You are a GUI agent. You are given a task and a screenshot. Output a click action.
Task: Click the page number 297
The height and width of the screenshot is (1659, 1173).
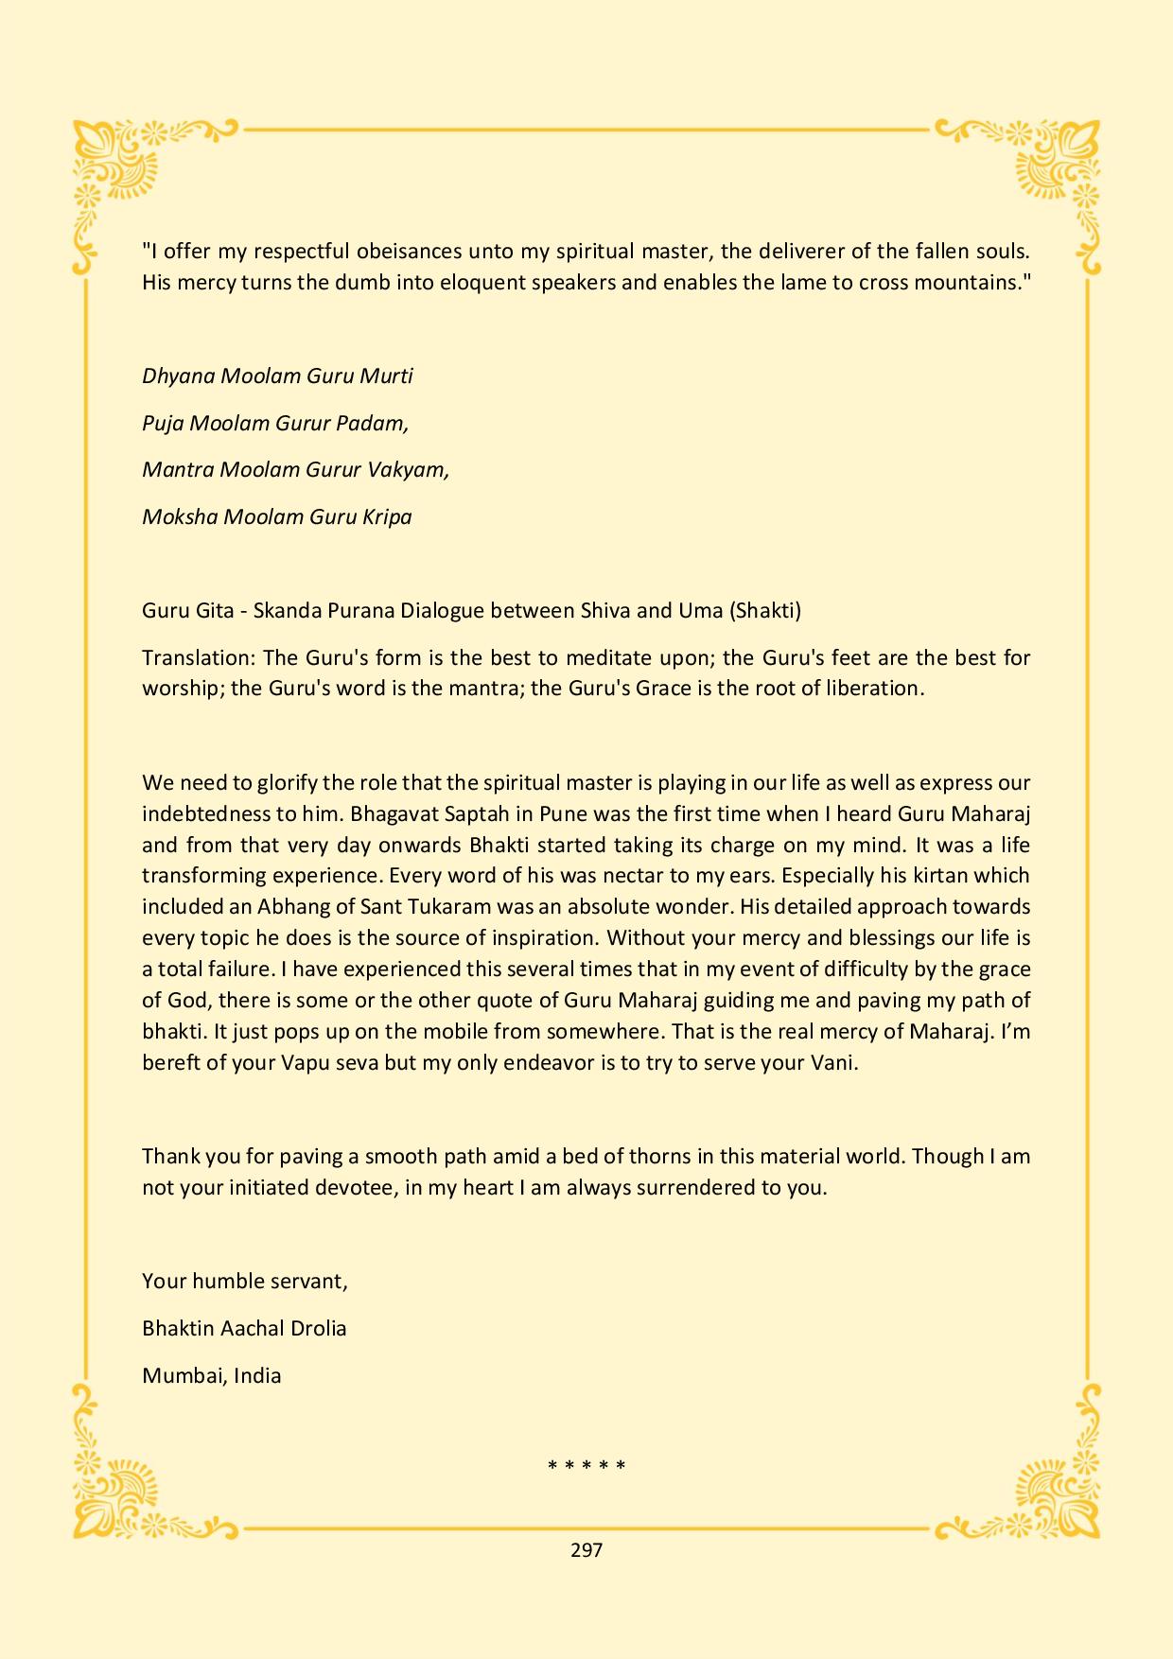(x=586, y=1550)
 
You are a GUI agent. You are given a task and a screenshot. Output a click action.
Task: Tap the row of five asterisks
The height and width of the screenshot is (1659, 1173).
(x=586, y=1467)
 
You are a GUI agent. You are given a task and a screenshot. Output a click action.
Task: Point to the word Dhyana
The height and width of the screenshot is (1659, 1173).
(x=178, y=376)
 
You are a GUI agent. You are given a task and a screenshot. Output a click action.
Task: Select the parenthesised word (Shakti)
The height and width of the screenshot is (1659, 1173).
(x=764, y=610)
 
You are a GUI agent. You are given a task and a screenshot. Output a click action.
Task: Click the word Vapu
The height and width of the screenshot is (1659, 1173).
(x=305, y=1062)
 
